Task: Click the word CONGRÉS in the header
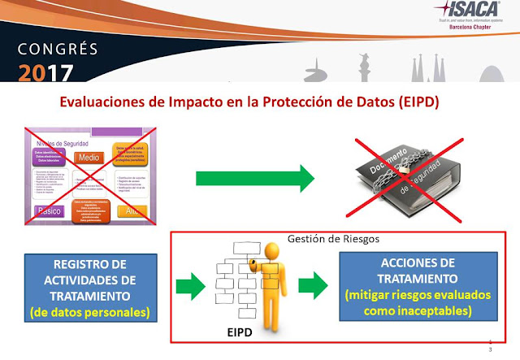click(x=46, y=46)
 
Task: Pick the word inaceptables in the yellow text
click(x=442, y=310)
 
